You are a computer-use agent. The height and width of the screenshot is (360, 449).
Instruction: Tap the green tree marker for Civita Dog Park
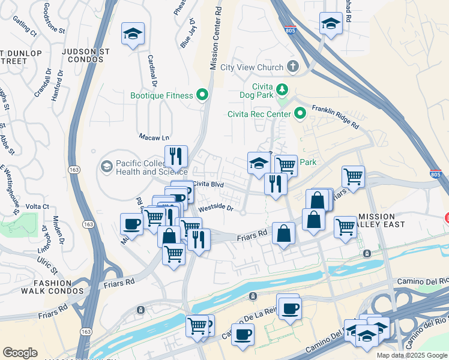[282, 90]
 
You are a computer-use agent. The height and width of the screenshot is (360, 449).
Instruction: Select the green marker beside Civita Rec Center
[299, 113]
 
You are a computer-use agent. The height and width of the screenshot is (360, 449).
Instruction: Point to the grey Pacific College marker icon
[107, 166]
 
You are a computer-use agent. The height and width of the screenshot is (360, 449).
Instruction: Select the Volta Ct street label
[37, 207]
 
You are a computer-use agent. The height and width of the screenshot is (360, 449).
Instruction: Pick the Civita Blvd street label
[208, 185]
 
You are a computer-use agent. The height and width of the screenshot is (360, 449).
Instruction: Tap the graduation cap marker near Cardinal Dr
[133, 34]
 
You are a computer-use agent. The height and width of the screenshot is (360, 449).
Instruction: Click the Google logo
[20, 353]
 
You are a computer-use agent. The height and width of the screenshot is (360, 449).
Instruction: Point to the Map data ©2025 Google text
[411, 355]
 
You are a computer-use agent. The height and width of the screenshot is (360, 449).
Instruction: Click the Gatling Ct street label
[24, 26]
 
